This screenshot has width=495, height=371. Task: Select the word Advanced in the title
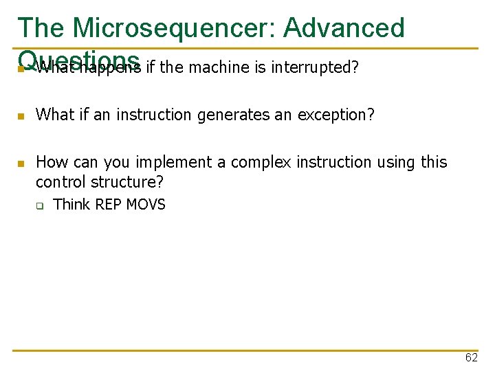click(344, 28)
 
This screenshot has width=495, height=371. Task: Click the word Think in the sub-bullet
click(72, 205)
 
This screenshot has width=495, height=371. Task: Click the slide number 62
click(471, 358)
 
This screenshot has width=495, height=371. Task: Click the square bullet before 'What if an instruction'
click(21, 116)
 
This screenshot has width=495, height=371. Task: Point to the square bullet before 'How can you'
click(21, 164)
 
